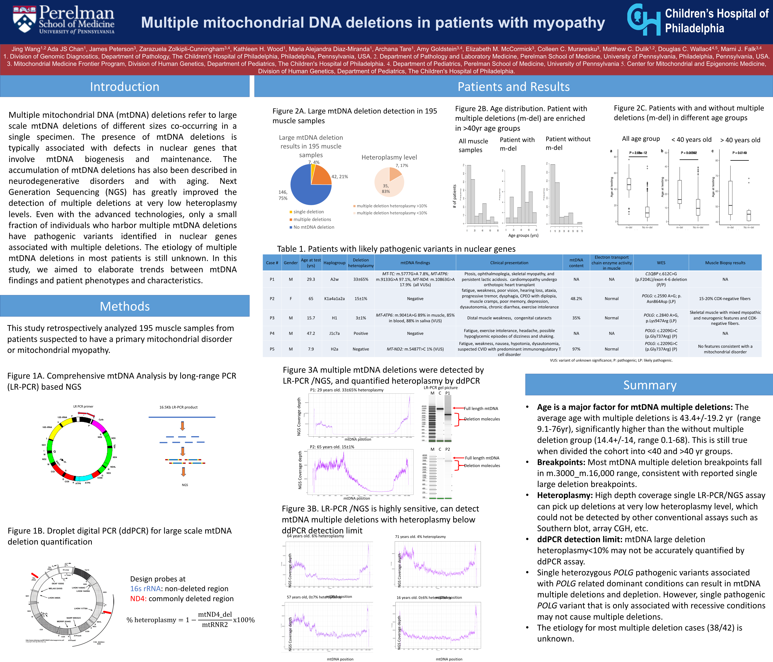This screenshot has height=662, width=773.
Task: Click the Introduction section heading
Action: point(125,86)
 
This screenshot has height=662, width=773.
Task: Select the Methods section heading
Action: point(125,306)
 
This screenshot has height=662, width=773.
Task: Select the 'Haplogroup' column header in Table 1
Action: point(334,263)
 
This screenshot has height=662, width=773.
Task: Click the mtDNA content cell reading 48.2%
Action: point(576,299)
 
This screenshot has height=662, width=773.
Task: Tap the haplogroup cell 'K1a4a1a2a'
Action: point(334,299)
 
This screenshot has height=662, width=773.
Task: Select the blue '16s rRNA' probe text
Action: point(145,589)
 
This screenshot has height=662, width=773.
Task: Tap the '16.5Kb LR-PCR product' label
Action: point(178,407)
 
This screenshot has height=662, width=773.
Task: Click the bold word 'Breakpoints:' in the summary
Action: point(561,462)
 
